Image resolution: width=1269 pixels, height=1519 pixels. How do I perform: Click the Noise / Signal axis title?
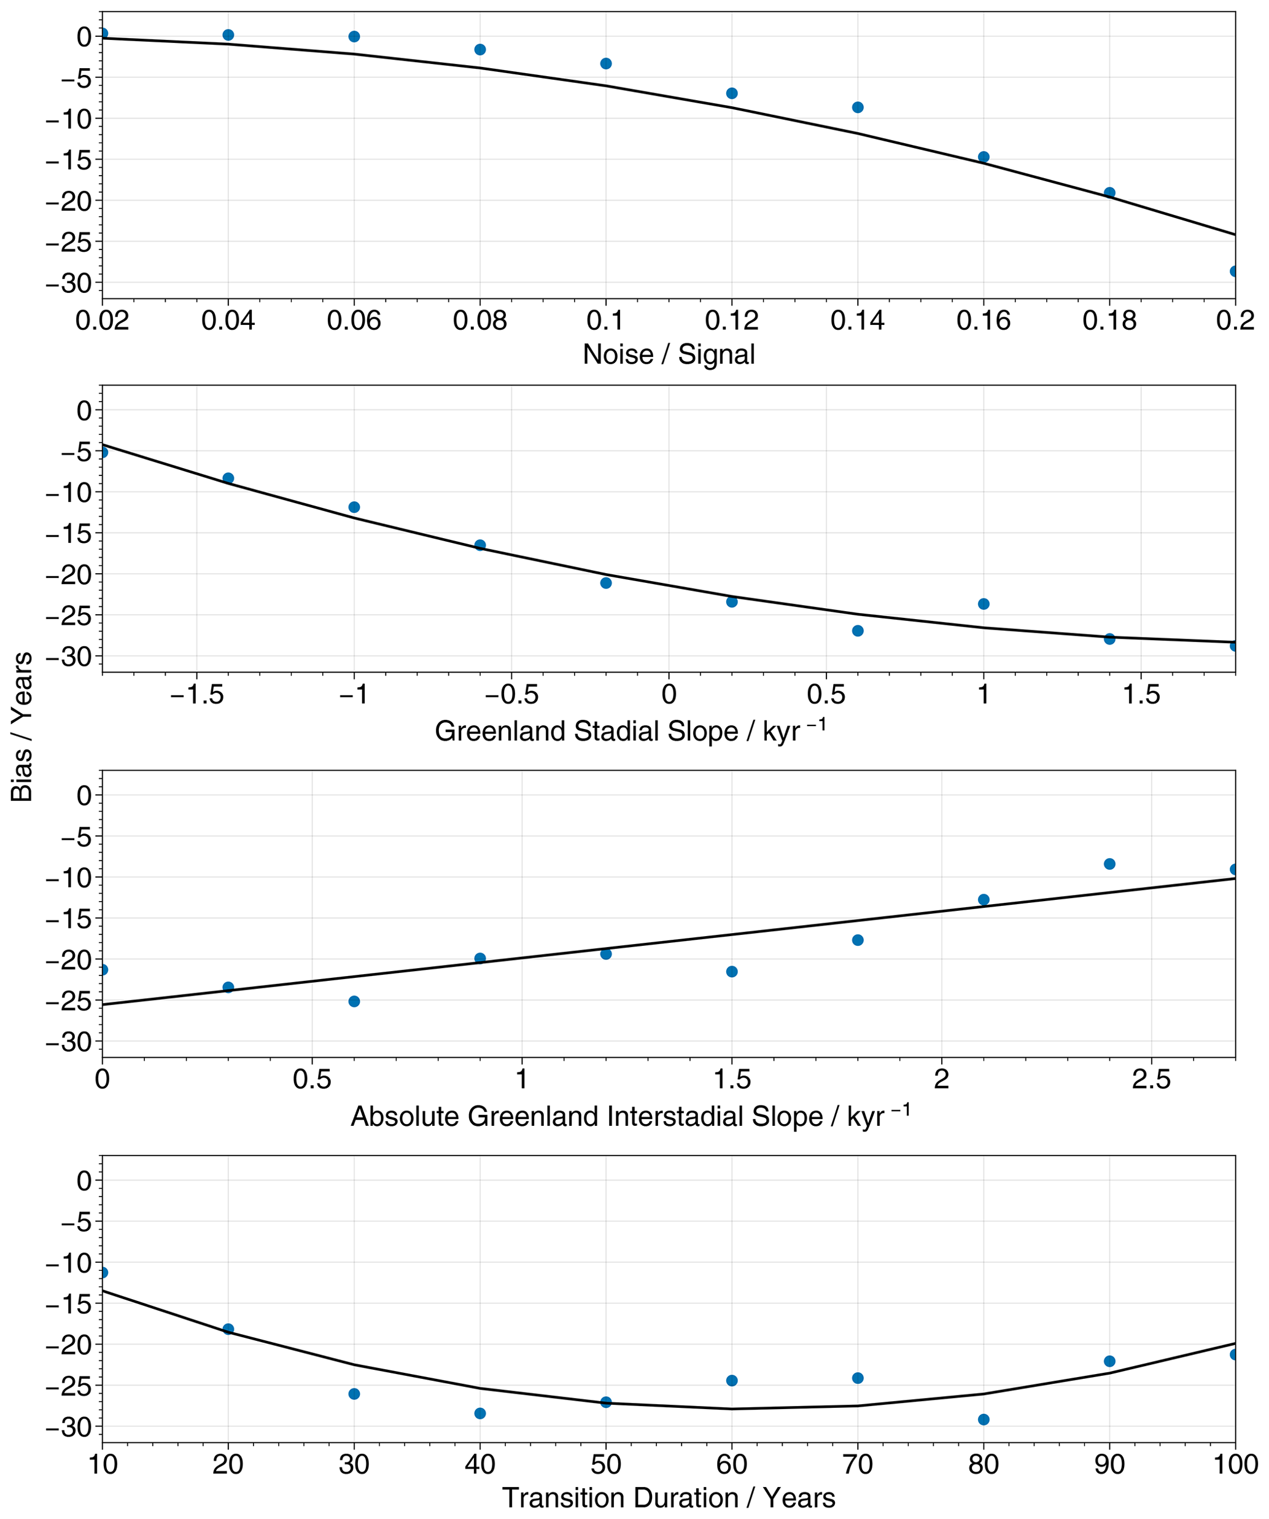(x=669, y=354)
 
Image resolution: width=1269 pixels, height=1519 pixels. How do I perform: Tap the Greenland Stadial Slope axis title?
(x=629, y=732)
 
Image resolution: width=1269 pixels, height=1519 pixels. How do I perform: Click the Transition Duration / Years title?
(x=669, y=1498)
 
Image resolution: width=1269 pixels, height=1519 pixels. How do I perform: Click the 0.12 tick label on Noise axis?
(x=731, y=320)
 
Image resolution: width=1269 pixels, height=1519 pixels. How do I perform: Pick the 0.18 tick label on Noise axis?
(x=1109, y=320)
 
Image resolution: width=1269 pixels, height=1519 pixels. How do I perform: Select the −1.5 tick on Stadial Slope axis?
(x=196, y=695)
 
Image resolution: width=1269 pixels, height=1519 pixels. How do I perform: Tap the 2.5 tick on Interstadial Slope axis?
(x=1151, y=1080)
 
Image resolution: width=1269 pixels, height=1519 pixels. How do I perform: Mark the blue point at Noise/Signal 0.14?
(x=858, y=107)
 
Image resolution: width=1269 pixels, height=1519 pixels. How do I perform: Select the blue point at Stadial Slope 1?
(x=984, y=604)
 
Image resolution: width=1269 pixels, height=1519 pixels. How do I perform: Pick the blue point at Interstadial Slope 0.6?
(x=354, y=1001)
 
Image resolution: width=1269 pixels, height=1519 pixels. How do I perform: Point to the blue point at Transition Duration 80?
(x=984, y=1419)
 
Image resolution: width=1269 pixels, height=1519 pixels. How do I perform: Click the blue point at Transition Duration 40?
(x=480, y=1413)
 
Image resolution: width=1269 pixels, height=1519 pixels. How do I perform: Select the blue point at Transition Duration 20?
(x=228, y=1329)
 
